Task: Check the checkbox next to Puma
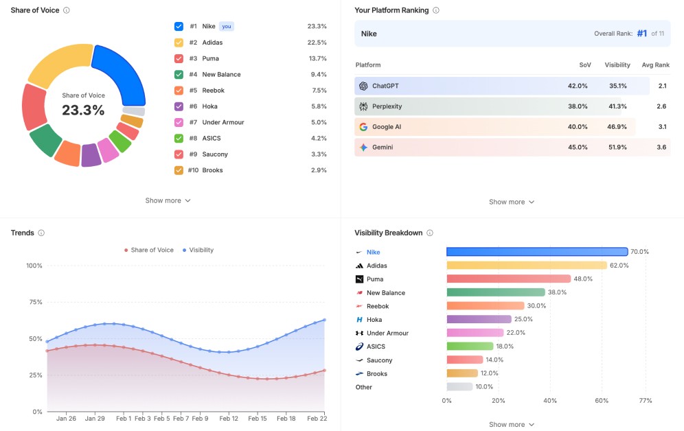pos(179,58)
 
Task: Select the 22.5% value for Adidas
pos(317,43)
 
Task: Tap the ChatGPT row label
pos(385,86)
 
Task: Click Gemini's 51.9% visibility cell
pos(615,147)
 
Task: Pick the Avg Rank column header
pos(655,65)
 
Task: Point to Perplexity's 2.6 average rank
pos(661,106)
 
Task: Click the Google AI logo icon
pos(363,127)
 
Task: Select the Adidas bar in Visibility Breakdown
pos(526,266)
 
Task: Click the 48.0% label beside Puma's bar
pos(583,279)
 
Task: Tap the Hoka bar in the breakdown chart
pos(479,319)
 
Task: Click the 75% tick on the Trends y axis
pos(34,302)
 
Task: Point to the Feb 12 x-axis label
pos(229,419)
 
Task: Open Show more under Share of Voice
pos(168,200)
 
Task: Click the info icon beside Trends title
pos(41,233)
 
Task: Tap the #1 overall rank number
pos(641,33)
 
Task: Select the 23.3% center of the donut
pos(83,110)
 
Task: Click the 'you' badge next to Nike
pos(227,27)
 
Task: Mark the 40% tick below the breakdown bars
pos(550,401)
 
